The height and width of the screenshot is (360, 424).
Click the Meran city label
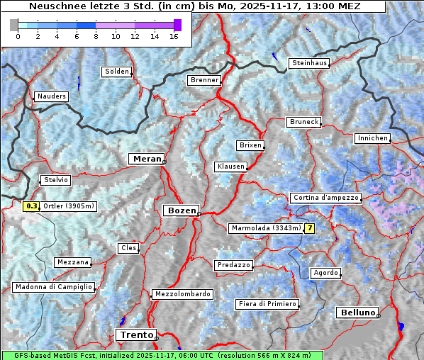click(146, 159)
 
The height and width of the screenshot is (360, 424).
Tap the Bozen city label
click(180, 210)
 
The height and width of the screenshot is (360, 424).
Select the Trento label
click(136, 334)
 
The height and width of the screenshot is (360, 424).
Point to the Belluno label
click(357, 313)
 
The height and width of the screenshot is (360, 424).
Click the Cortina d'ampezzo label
click(325, 198)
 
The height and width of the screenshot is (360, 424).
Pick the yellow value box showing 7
click(309, 228)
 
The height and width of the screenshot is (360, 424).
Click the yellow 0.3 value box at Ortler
click(31, 207)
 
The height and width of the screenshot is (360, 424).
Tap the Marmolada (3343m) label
click(266, 228)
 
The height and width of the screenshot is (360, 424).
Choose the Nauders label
click(51, 96)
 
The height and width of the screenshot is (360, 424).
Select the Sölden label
click(117, 72)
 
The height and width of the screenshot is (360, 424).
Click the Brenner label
click(204, 80)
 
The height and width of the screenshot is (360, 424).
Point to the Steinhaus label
click(309, 63)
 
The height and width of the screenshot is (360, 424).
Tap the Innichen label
click(372, 138)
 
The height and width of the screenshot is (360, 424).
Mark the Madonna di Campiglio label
click(53, 287)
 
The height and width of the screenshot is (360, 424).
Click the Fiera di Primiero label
click(267, 304)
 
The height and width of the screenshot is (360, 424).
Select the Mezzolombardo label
click(182, 293)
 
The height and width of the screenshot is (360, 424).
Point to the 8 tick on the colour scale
click(96, 36)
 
